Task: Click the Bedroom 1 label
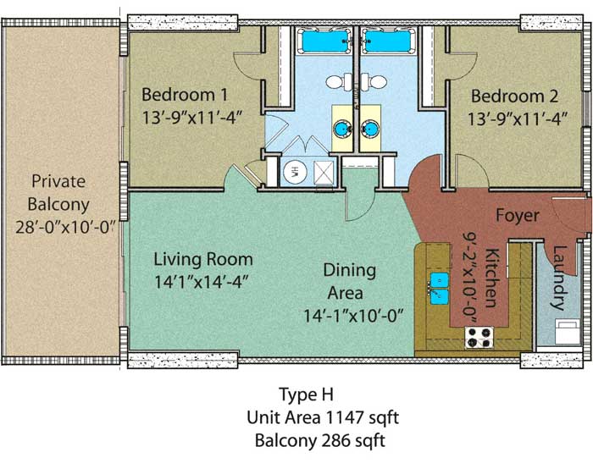[x=185, y=95]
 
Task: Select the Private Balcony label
[x=58, y=193]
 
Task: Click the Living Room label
[x=203, y=260]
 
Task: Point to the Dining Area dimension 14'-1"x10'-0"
[x=354, y=316]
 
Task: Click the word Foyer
[x=518, y=216]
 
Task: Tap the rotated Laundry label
[x=559, y=278]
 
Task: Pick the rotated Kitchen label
[x=490, y=278]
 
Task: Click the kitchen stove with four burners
[x=479, y=338]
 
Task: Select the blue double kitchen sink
[x=439, y=289]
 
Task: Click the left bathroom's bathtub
[x=324, y=41]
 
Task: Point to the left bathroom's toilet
[x=339, y=81]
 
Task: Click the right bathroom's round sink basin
[x=369, y=129]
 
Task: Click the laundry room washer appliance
[x=568, y=332]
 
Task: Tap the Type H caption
[x=307, y=395]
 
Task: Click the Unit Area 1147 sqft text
[x=323, y=418]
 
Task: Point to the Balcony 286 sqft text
[x=320, y=441]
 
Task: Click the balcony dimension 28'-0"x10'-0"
[x=65, y=228]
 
